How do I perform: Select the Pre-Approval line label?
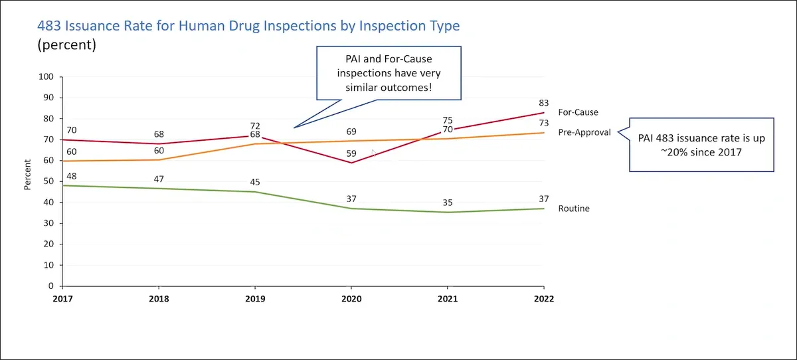[x=584, y=132]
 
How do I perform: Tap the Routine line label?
[x=573, y=209]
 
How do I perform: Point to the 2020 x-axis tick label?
[x=351, y=299]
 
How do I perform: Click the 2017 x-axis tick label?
[x=62, y=299]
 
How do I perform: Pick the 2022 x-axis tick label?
[x=543, y=299]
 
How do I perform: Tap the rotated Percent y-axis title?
[x=28, y=175]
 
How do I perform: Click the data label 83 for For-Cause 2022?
[x=543, y=103]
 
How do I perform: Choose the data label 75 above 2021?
[x=447, y=120]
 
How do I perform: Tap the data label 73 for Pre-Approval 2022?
[x=543, y=123]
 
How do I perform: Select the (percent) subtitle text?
[x=66, y=45]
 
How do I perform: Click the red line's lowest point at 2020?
[x=351, y=163]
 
